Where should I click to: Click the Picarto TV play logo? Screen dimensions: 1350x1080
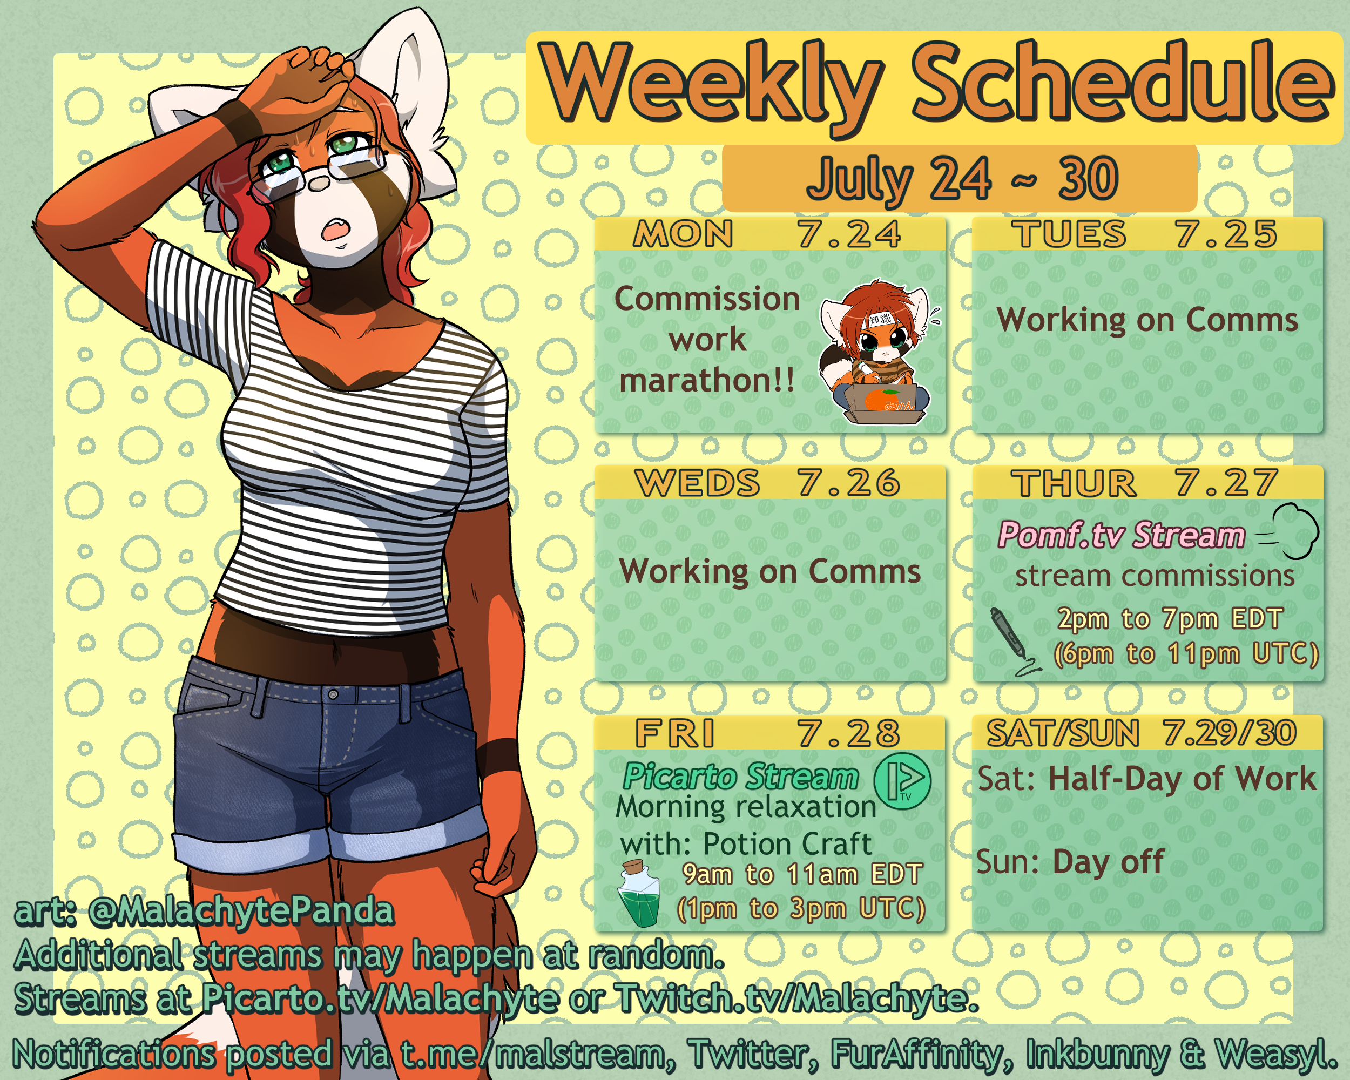tap(902, 781)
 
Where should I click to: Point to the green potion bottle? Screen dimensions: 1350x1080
tap(639, 893)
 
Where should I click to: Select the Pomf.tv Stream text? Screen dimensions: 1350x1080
tap(1121, 536)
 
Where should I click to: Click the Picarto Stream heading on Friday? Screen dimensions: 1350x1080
tap(741, 777)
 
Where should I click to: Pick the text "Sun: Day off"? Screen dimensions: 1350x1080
tap(1070, 863)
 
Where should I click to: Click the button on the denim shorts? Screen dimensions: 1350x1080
tap(333, 694)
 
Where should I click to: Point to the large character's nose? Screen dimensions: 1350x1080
tap(319, 183)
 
